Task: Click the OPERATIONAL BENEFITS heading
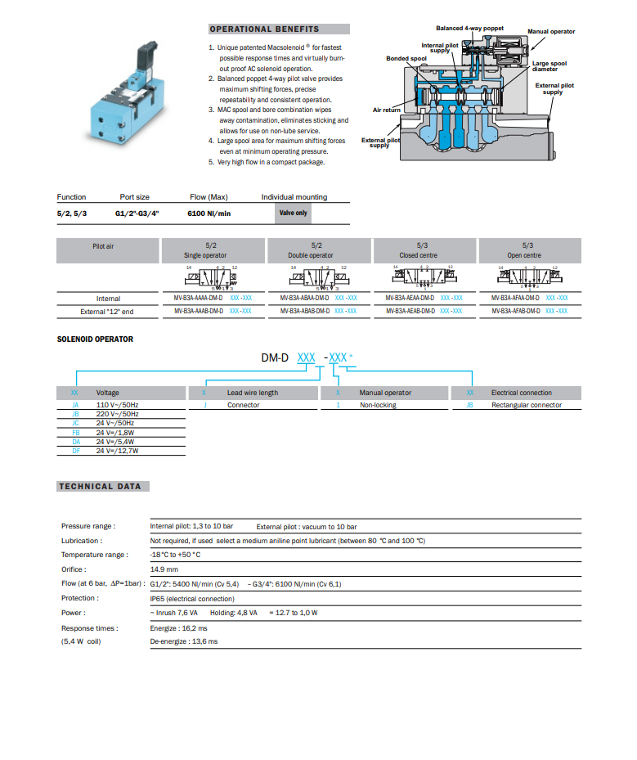pyautogui.click(x=264, y=29)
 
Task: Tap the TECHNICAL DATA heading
pyautogui.click(x=100, y=487)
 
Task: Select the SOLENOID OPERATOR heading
pyautogui.click(x=95, y=339)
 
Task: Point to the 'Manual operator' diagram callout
pyautogui.click(x=550, y=32)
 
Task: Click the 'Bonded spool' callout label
pyautogui.click(x=406, y=59)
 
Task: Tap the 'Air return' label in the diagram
pyautogui.click(x=386, y=110)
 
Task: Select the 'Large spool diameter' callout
pyautogui.click(x=549, y=65)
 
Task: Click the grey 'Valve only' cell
pyautogui.click(x=293, y=214)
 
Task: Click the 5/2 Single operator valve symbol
pyautogui.click(x=211, y=278)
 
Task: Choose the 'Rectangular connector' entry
pyautogui.click(x=526, y=405)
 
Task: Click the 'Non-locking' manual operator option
pyautogui.click(x=378, y=405)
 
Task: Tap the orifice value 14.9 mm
pyautogui.click(x=164, y=569)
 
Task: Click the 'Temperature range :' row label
pyautogui.click(x=94, y=555)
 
